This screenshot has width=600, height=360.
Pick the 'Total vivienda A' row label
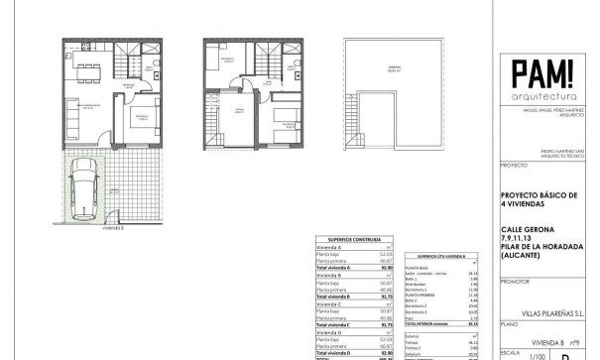334,267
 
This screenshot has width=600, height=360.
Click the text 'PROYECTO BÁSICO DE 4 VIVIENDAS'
538,203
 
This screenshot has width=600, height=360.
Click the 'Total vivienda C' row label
334,324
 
